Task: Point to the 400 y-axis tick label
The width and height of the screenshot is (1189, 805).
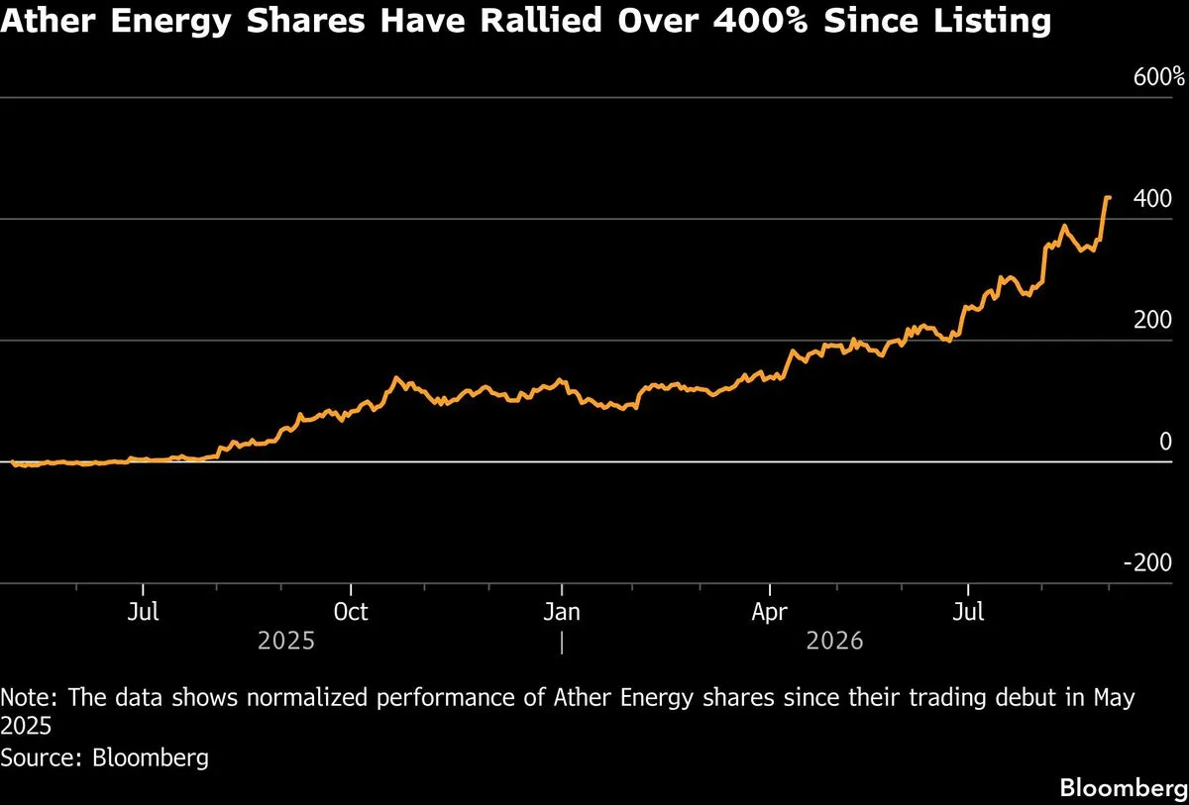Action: (1152, 199)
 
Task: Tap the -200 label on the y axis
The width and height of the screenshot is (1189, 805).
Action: (1147, 562)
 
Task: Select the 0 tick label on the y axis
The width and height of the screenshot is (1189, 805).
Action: (1165, 442)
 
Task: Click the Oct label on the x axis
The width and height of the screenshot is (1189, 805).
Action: (351, 612)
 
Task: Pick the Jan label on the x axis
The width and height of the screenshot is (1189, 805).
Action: (562, 612)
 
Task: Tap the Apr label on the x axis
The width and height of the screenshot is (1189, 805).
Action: (769, 613)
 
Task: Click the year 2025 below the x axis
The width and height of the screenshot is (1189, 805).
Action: (286, 642)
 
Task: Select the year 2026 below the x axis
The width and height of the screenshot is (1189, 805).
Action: (835, 642)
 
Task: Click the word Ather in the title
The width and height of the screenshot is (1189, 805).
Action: (49, 21)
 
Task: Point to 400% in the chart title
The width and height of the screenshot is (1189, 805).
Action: (760, 21)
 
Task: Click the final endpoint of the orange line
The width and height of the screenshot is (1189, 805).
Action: (1110, 198)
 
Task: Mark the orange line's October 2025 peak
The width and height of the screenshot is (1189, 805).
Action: (396, 378)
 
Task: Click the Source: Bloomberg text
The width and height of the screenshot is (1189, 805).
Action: (104, 757)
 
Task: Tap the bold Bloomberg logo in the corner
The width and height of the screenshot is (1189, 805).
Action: (1125, 788)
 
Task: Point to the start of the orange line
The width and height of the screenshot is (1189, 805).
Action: (13, 462)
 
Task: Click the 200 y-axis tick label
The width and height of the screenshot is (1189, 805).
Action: (1152, 320)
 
